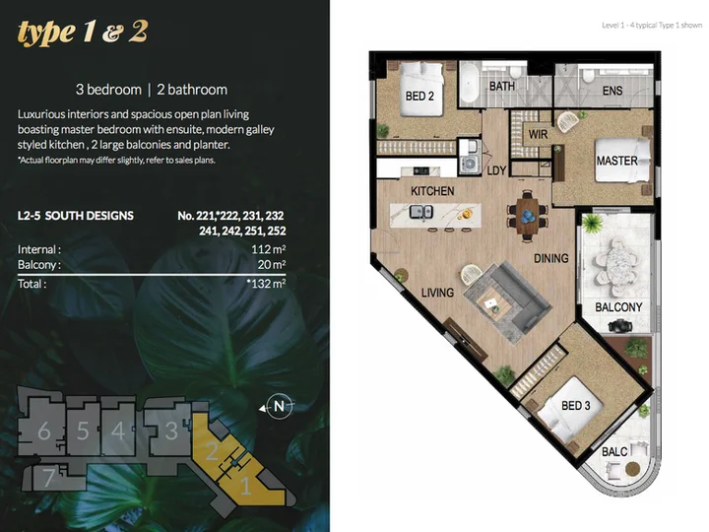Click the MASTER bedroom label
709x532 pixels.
point(616,161)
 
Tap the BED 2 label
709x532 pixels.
point(419,96)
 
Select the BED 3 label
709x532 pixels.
point(576,405)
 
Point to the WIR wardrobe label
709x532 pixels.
point(538,134)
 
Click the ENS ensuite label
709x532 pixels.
point(612,91)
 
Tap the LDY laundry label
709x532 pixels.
point(496,170)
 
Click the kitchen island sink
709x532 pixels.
point(421,212)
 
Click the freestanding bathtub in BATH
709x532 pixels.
point(470,84)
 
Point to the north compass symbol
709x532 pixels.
point(279,407)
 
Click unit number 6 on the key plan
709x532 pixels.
point(44,431)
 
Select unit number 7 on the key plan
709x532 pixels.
point(49,478)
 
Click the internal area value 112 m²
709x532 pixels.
point(269,249)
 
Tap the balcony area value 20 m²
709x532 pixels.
point(272,265)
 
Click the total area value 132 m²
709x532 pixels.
point(266,284)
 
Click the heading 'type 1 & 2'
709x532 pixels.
point(83,33)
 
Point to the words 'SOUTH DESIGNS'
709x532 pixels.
point(89,216)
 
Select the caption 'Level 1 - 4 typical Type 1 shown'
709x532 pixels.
point(652,26)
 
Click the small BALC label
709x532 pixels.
point(614,451)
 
